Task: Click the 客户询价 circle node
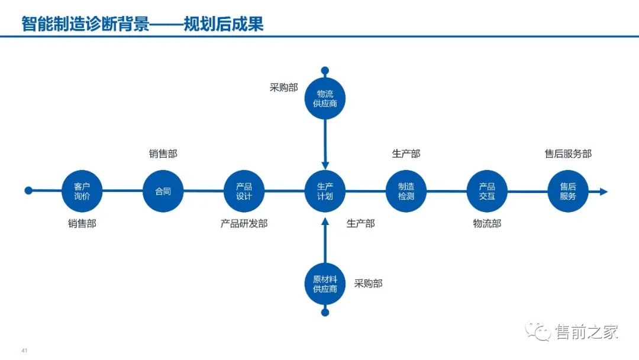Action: (82, 191)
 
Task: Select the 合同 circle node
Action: (163, 191)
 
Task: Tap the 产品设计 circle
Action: (244, 191)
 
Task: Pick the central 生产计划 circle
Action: (325, 191)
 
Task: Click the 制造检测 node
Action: (406, 191)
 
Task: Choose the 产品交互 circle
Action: (487, 191)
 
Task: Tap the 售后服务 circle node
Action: (568, 191)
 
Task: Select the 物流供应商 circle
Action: (325, 98)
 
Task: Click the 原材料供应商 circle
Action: (325, 284)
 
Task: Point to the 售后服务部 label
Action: (568, 154)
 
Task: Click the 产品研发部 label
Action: (244, 224)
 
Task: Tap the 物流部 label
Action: (487, 224)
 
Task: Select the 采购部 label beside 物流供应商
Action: (284, 88)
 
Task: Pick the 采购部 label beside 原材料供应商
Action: (369, 284)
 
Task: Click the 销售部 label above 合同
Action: (163, 154)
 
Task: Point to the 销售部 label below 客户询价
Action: (82, 224)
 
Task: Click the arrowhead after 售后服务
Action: (603, 191)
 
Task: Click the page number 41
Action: (24, 350)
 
